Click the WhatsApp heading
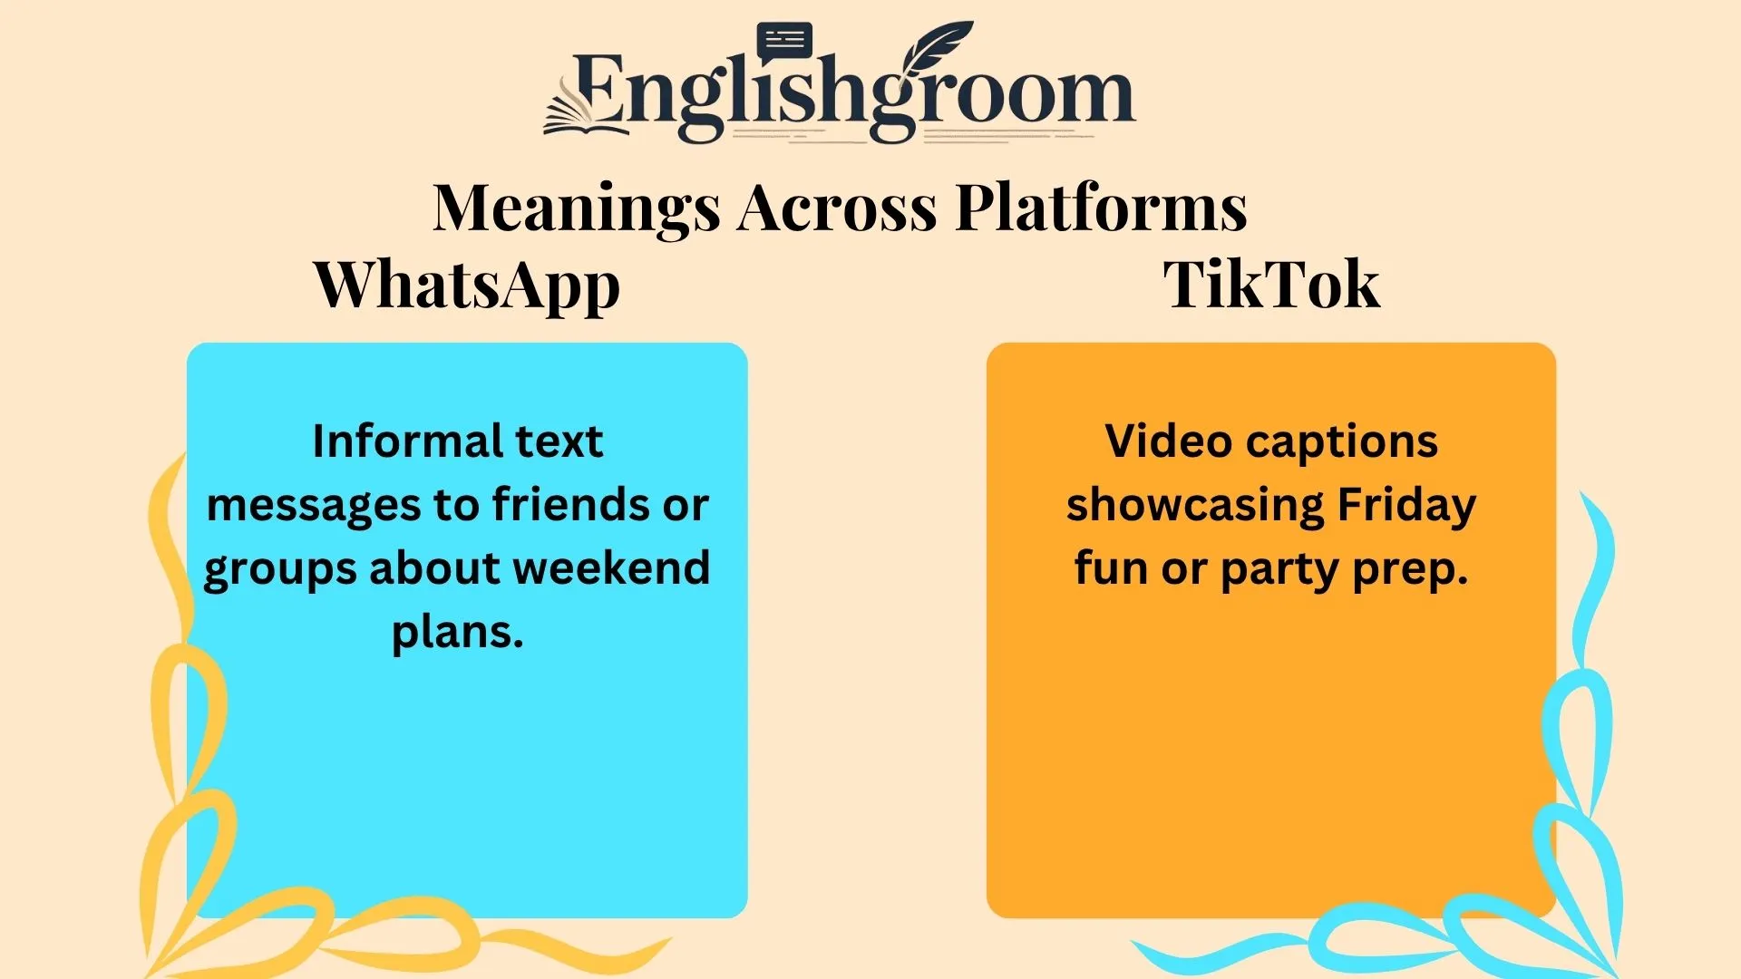pos(466,286)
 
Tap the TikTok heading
pos(1271,286)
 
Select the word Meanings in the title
pos(577,208)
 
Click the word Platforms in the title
pos(1101,208)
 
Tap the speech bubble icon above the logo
pos(784,41)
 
